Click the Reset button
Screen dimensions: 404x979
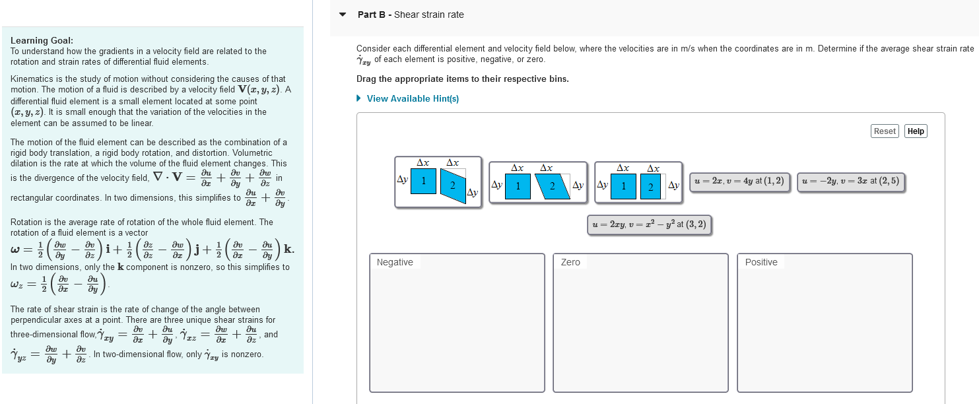point(885,131)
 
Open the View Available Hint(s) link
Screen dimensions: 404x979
point(412,98)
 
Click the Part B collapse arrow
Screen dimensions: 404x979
point(342,15)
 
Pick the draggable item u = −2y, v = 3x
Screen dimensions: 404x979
point(851,182)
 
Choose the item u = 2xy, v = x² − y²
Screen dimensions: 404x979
point(650,224)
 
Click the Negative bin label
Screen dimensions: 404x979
point(395,262)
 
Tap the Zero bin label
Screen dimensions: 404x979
point(570,262)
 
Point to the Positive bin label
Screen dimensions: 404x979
point(761,262)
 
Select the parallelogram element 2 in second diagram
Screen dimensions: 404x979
point(552,185)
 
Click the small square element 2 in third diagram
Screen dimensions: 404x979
point(650,187)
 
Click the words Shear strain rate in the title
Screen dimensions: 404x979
point(429,15)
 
